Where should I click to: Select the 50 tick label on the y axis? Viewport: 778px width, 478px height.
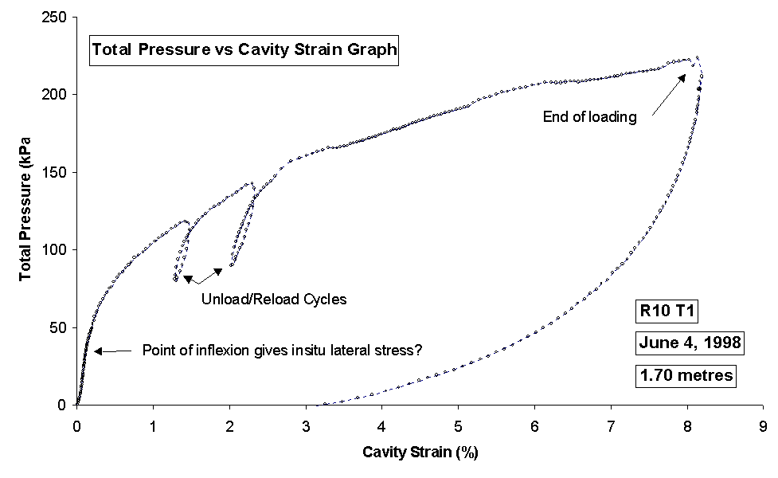[60, 327]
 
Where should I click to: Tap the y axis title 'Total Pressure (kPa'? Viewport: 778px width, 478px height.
[25, 211]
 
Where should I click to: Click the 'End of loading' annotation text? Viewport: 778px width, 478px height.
[590, 117]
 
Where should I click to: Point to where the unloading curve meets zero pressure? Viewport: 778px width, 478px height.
[316, 405]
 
